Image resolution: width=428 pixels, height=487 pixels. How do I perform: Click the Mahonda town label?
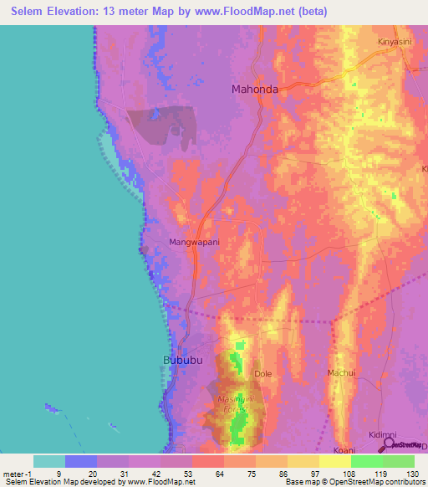coord(254,88)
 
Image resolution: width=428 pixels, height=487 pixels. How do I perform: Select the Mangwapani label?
coord(194,242)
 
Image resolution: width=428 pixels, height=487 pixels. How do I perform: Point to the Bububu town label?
coord(182,361)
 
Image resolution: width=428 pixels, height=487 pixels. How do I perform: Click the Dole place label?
coord(263,374)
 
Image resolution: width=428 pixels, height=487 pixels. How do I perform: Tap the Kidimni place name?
coord(383,435)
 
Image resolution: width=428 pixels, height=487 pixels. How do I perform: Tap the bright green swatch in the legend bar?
coord(366,461)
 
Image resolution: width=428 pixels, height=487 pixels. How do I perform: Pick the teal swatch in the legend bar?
coord(48,461)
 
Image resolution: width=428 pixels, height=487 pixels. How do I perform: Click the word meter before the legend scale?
coord(14,472)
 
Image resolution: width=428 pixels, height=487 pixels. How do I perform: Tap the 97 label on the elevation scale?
coord(303,472)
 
